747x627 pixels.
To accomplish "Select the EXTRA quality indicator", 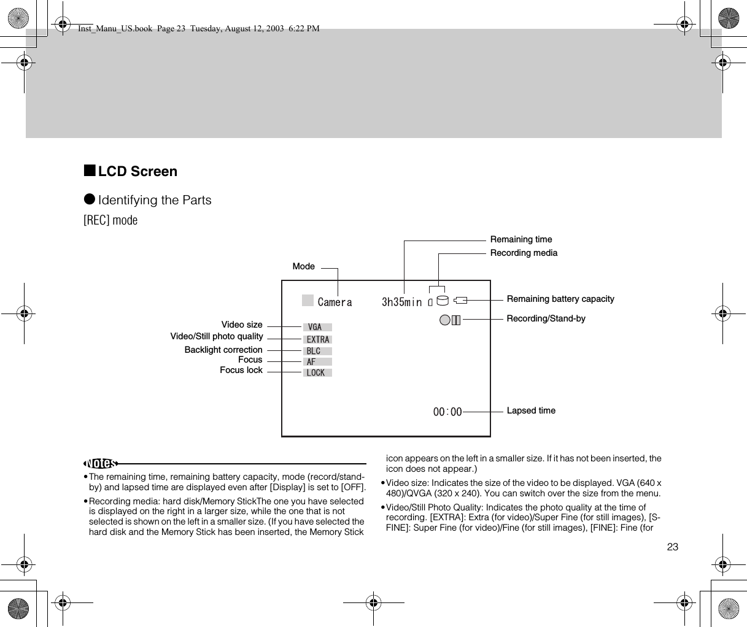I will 318,339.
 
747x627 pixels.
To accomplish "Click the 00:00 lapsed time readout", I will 447,412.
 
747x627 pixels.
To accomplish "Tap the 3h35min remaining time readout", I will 402,302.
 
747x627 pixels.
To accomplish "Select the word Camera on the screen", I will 335,302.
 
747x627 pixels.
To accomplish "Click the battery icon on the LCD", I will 461,300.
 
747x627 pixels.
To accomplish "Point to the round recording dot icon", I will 445,320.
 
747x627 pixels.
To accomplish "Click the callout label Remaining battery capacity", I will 560,299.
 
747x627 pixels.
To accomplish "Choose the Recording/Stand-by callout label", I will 546,318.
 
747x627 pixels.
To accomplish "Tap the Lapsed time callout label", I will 531,410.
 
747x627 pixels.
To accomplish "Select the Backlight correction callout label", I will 223,350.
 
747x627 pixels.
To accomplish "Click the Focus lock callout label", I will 241,370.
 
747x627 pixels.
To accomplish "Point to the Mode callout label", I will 304,266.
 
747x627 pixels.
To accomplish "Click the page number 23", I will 673,547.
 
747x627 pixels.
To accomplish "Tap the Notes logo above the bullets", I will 101,463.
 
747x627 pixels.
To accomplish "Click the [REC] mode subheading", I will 110,220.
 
